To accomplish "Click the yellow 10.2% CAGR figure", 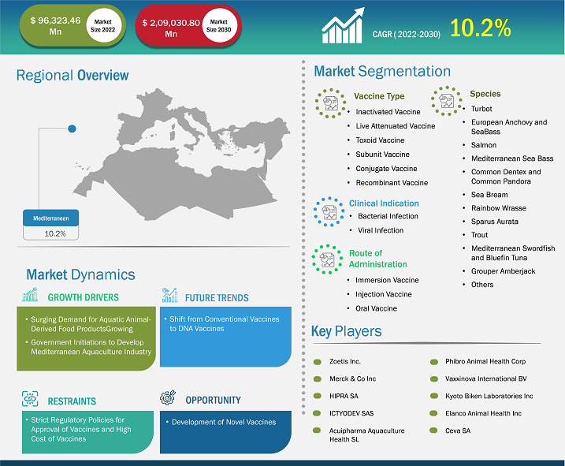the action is pyautogui.click(x=481, y=28).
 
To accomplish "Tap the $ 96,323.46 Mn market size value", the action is pyautogui.click(x=55, y=26).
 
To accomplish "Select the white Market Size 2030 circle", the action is pyautogui.click(x=219, y=25).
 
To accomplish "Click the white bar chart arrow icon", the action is pyautogui.click(x=343, y=25).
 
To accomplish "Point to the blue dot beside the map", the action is pyautogui.click(x=72, y=129).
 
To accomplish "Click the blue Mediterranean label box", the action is pyautogui.click(x=50, y=218).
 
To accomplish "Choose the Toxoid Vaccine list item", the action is pyautogui.click(x=380, y=140).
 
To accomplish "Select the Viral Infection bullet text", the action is pyautogui.click(x=381, y=230).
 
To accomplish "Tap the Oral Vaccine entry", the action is pyautogui.click(x=376, y=308).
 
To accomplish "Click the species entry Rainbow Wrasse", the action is pyautogui.click(x=498, y=208).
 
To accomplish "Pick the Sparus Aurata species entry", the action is pyautogui.click(x=494, y=222).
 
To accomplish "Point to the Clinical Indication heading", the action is pyautogui.click(x=384, y=203).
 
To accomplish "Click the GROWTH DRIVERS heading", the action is pyautogui.click(x=84, y=297).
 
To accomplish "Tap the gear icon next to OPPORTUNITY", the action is pyautogui.click(x=168, y=397).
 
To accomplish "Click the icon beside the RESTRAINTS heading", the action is pyautogui.click(x=30, y=398).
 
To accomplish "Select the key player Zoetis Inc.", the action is pyautogui.click(x=345, y=361).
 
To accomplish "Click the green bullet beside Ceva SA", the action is pyautogui.click(x=434, y=431).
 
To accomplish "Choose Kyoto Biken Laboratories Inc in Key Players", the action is pyautogui.click(x=489, y=396).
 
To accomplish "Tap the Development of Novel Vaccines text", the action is pyautogui.click(x=224, y=422).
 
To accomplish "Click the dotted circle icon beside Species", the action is pyautogui.click(x=447, y=101).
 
